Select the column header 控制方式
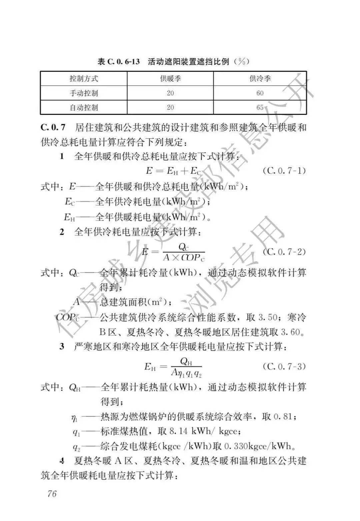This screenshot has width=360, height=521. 84,79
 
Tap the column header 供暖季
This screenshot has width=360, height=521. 170,79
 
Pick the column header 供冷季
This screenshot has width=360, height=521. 260,79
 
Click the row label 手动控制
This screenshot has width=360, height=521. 84,93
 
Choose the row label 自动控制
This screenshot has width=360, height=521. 84,108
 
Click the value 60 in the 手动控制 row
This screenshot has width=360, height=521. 260,93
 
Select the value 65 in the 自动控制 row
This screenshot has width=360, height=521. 260,108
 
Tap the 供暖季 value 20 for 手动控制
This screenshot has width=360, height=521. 170,93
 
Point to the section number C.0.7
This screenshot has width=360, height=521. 53,127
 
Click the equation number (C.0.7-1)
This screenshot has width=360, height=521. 284,171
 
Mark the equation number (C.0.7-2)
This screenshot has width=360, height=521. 284,252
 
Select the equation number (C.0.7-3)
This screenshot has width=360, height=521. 284,366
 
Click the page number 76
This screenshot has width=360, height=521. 52,493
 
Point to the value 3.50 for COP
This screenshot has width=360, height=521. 268,317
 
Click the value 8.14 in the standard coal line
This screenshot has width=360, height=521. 178,431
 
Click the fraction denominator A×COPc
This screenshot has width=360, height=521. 184,258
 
